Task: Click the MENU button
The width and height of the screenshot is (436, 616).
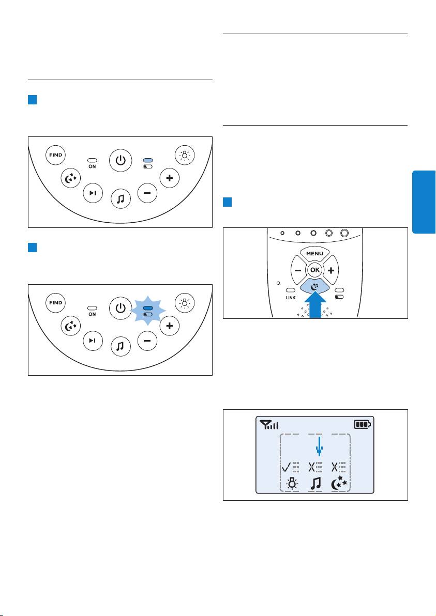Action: pyautogui.click(x=314, y=253)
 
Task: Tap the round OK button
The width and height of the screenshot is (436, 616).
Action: pyautogui.click(x=314, y=270)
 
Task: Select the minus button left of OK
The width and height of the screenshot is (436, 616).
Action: pyautogui.click(x=298, y=270)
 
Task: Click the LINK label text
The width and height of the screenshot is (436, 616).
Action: pyautogui.click(x=291, y=298)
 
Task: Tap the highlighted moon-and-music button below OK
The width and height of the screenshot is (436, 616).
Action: pyautogui.click(x=314, y=287)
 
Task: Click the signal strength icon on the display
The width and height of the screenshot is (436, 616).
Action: pyautogui.click(x=269, y=424)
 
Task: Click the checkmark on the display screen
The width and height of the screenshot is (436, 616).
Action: pyautogui.click(x=287, y=467)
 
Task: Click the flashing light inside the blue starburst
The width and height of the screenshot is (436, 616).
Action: pyautogui.click(x=148, y=309)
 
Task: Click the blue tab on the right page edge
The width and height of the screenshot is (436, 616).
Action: pyautogui.click(x=424, y=202)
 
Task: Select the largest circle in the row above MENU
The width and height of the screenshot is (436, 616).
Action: pyautogui.click(x=344, y=233)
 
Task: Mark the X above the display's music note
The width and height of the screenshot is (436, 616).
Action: pyautogui.click(x=312, y=467)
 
